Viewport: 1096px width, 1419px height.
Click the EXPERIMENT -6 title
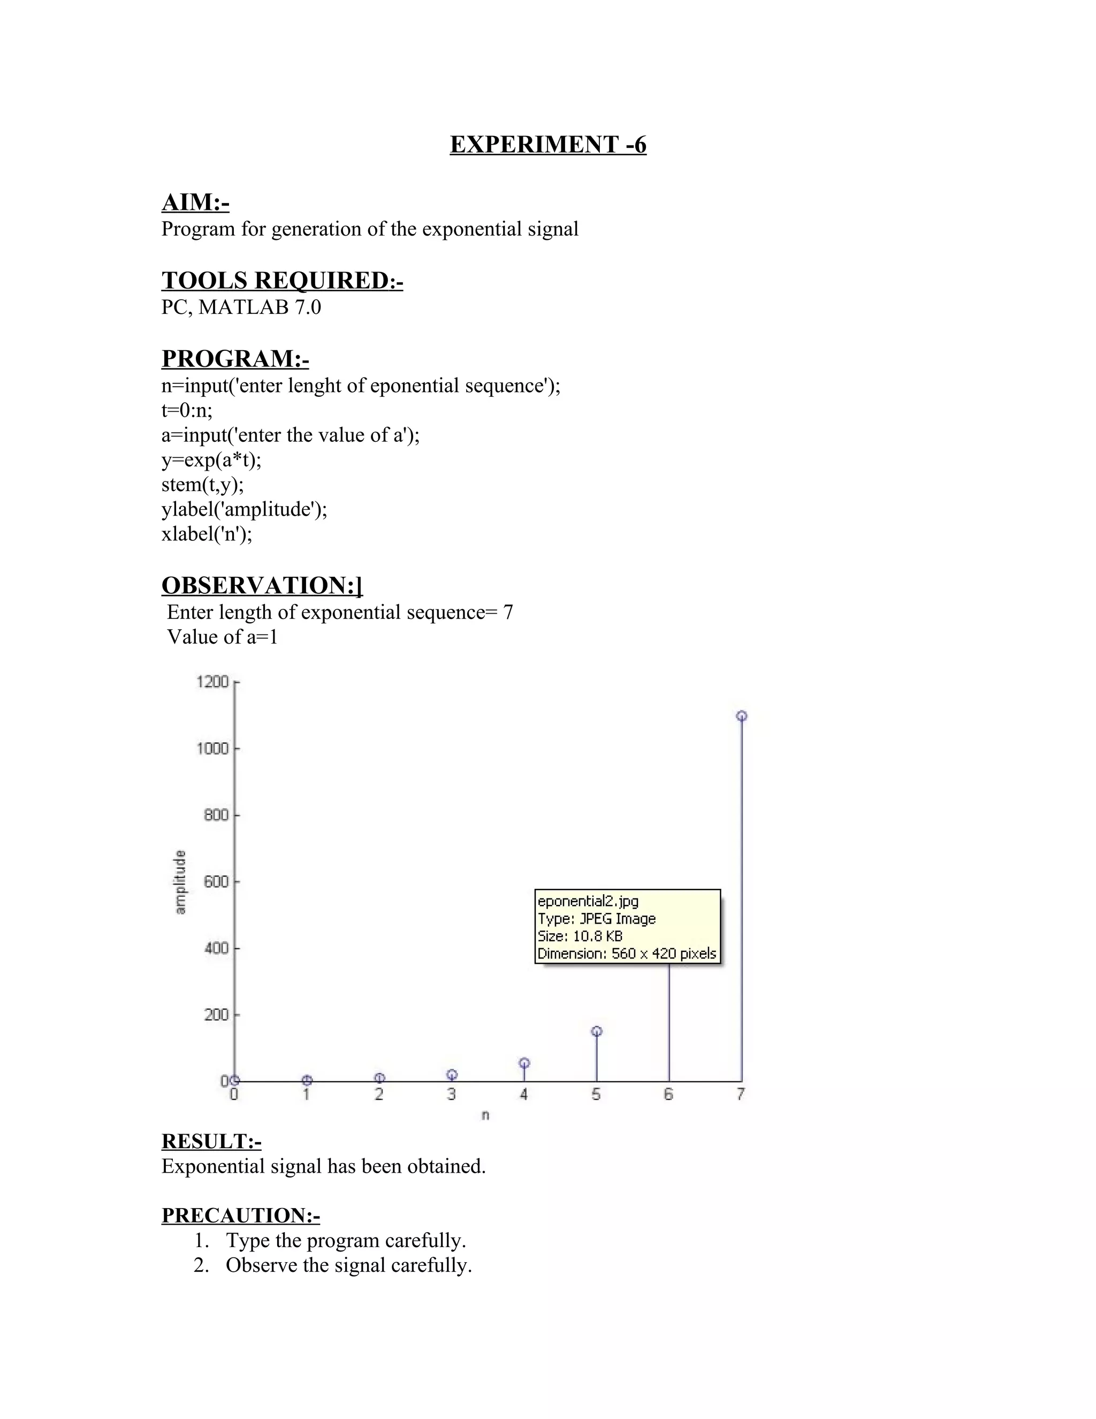(x=548, y=144)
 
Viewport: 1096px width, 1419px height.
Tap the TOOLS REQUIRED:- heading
(x=282, y=281)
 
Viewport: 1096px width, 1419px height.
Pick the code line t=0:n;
(x=187, y=411)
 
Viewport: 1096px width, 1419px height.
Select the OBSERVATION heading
(x=262, y=585)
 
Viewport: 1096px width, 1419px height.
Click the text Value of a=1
(x=222, y=637)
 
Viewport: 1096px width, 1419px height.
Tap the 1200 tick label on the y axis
(x=212, y=682)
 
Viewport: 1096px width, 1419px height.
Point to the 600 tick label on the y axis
(x=216, y=882)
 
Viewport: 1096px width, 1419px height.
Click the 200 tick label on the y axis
(x=216, y=1015)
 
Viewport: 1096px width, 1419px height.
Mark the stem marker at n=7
(x=742, y=716)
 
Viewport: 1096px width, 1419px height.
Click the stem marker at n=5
(x=597, y=1031)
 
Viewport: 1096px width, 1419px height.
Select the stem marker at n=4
(x=524, y=1063)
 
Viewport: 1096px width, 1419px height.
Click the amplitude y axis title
(x=180, y=882)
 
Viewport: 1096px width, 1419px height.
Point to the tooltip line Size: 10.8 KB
(x=580, y=936)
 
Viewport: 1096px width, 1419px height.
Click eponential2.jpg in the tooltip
(x=588, y=901)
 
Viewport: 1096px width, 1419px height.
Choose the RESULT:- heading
(x=211, y=1141)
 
